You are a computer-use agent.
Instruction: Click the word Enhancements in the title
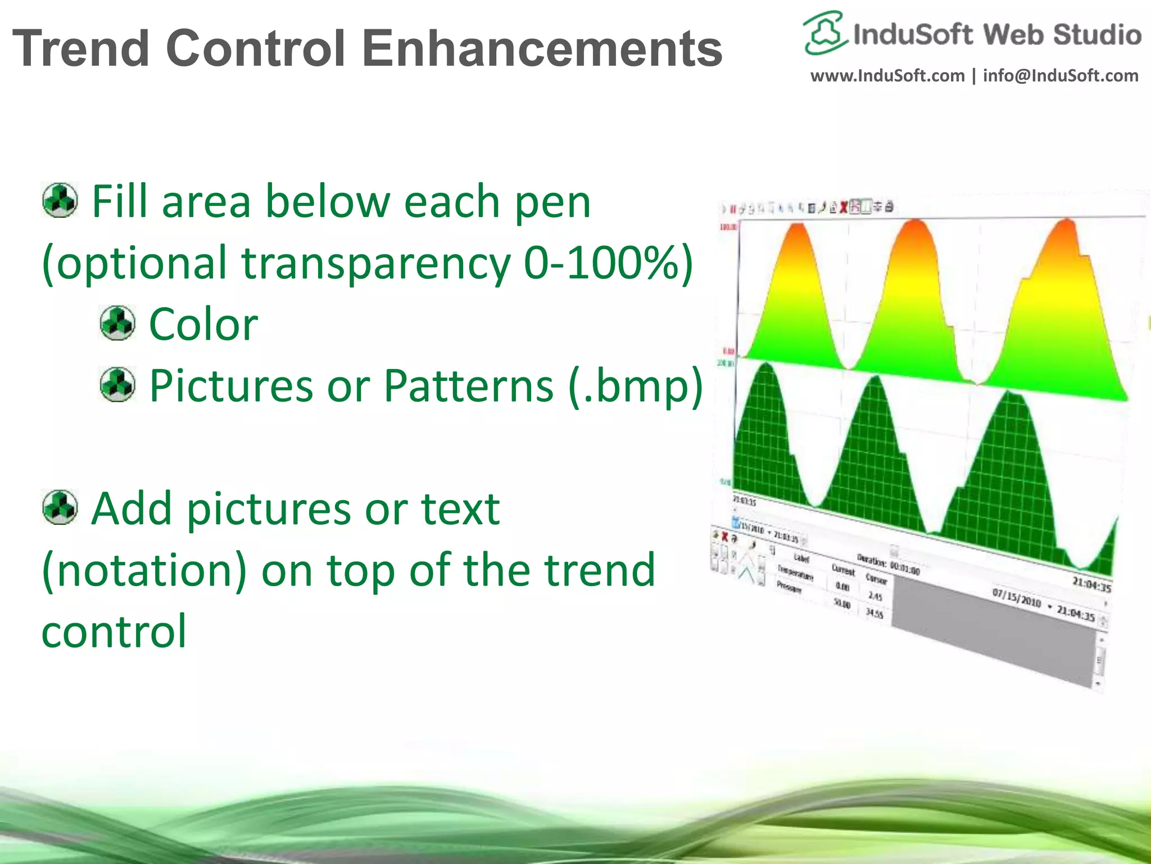[542, 48]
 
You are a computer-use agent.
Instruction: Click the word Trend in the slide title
[81, 48]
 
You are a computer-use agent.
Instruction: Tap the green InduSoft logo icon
[824, 33]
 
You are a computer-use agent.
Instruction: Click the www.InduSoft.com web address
[887, 75]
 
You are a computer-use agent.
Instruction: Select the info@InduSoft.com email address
[1061, 75]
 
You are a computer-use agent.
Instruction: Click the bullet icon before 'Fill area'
[60, 200]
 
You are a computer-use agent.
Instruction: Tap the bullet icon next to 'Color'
[117, 323]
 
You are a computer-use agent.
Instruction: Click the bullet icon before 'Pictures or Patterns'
[117, 384]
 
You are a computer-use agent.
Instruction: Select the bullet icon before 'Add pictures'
[60, 507]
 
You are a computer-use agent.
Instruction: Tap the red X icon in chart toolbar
[843, 208]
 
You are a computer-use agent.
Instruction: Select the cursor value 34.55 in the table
[874, 613]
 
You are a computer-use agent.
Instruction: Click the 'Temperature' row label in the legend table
[795, 573]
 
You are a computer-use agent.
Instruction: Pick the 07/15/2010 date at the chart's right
[1017, 598]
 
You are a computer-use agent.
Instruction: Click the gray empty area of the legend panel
[989, 636]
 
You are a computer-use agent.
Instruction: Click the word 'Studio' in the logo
[1096, 35]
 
